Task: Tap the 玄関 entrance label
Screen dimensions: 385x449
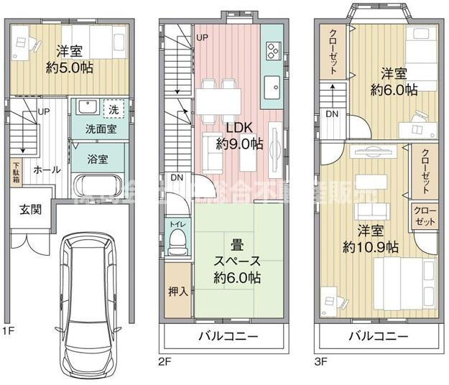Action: point(29,210)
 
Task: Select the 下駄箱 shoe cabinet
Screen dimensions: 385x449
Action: point(16,172)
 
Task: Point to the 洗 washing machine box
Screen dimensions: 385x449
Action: point(114,109)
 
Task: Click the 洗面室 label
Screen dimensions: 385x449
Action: point(96,130)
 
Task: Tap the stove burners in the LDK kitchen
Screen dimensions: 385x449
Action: point(273,50)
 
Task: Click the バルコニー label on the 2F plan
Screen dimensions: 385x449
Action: point(226,336)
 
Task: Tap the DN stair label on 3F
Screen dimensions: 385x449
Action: point(332,113)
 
